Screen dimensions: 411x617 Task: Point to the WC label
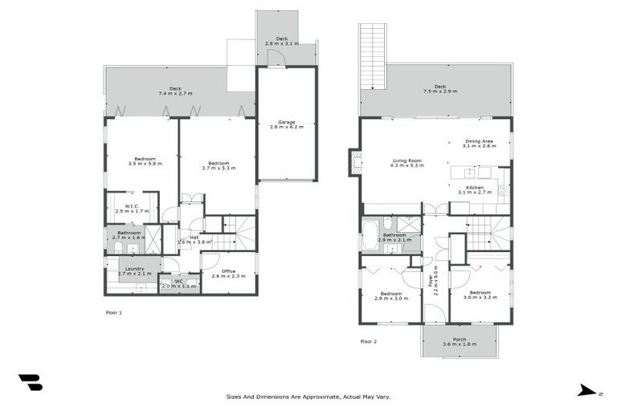[178, 283]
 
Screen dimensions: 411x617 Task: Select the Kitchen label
[475, 189]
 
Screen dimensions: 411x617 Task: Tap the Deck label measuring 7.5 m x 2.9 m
[439, 89]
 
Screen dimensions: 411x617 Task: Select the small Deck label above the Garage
[281, 40]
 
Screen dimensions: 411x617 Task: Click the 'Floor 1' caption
[113, 311]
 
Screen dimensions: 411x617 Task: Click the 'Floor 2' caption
[368, 341]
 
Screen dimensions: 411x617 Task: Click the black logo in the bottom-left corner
[31, 383]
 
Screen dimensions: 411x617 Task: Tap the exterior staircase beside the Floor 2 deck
[372, 56]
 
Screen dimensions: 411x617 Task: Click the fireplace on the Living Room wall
[353, 163]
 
